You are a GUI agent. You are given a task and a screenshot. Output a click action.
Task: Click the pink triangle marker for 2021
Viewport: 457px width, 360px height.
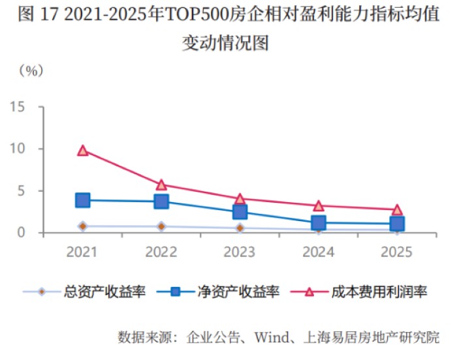coord(83,151)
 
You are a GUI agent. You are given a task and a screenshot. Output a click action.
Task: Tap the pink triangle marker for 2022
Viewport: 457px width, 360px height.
coord(161,185)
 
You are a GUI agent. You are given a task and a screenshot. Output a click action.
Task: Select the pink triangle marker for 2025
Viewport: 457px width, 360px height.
coord(397,210)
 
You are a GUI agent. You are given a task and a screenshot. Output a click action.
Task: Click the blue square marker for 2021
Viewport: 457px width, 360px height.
coord(83,200)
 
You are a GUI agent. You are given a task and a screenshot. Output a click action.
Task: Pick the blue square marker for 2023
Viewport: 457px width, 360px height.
coord(240,212)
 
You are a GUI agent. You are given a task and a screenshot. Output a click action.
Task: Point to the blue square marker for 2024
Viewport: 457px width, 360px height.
coord(319,223)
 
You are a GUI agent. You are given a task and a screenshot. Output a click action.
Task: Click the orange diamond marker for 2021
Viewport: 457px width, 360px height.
coord(83,226)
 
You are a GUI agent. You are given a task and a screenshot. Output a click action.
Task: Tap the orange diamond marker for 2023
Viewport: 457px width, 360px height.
coord(240,228)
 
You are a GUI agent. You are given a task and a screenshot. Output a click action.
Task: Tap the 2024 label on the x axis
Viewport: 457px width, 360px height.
coord(319,252)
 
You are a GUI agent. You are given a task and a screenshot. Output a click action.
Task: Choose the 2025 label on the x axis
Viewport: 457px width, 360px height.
coord(397,252)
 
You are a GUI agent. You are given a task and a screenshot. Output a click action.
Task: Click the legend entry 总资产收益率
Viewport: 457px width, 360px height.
coord(97,292)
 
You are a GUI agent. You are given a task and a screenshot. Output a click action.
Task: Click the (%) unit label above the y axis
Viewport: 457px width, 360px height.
coord(30,70)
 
